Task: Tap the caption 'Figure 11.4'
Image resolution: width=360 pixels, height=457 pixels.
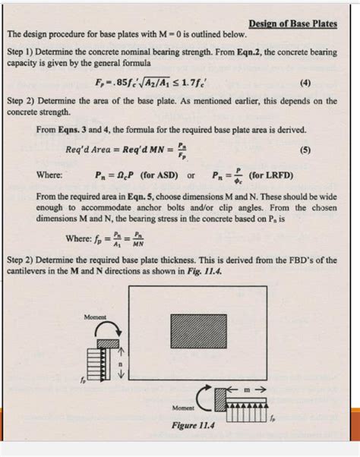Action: pos(194,426)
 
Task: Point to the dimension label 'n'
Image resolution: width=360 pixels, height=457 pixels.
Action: pos(120,362)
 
